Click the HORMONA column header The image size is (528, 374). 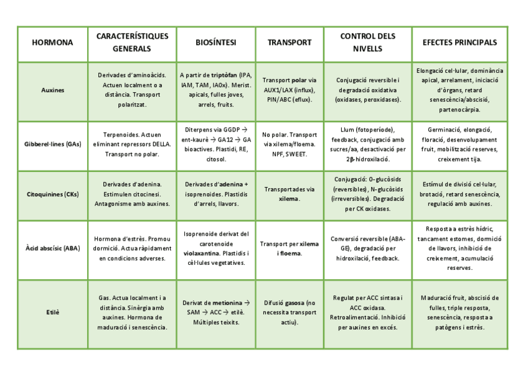[52, 43]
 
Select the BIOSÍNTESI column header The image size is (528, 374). [215, 43]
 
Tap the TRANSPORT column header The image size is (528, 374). [290, 43]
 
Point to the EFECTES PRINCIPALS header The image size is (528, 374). [460, 43]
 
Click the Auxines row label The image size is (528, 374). [52, 90]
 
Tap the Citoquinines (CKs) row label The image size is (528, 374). [52, 194]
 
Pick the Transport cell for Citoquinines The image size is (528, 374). [290, 194]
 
